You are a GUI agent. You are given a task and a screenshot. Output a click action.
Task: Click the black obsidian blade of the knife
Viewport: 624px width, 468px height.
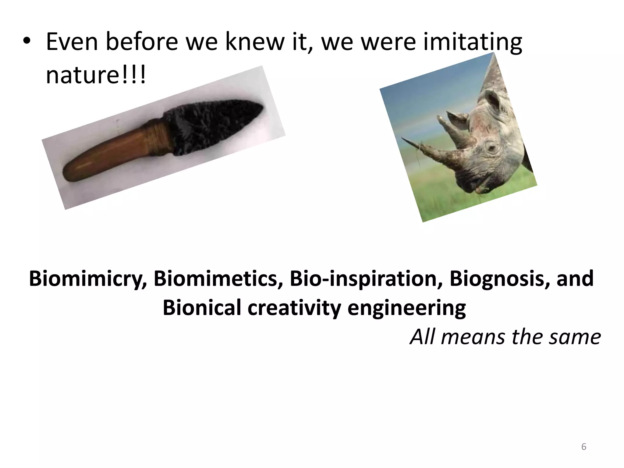pos(213,125)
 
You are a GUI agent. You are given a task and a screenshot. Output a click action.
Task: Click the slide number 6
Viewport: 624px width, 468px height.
pos(583,447)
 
